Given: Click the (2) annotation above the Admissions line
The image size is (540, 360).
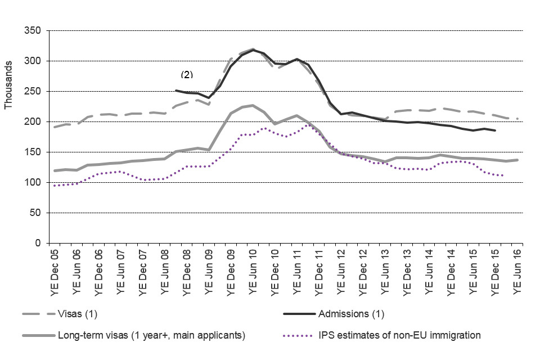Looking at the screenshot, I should tap(186, 74).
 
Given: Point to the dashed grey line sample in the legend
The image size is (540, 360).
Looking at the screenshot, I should tap(38, 313).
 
